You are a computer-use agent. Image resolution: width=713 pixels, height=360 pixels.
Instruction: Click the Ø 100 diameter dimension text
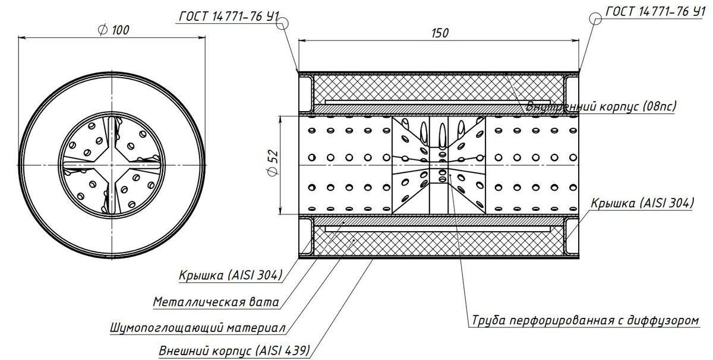(x=113, y=30)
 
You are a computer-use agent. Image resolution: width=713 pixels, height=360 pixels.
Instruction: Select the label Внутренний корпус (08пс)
(x=601, y=106)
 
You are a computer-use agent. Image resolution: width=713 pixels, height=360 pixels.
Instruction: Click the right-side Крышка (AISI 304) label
(x=642, y=203)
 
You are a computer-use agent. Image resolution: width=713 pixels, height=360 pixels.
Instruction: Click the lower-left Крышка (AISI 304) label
(x=231, y=275)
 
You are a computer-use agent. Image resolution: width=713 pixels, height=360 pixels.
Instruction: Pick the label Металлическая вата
(x=216, y=302)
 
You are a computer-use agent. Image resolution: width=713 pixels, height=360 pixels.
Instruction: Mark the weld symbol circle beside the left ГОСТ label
(x=283, y=23)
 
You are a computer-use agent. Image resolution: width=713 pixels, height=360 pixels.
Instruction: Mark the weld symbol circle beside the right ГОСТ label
(x=598, y=19)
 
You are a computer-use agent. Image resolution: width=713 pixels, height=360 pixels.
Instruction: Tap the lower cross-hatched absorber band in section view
(x=437, y=241)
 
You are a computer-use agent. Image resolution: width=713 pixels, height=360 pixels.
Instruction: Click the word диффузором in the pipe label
(x=665, y=321)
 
